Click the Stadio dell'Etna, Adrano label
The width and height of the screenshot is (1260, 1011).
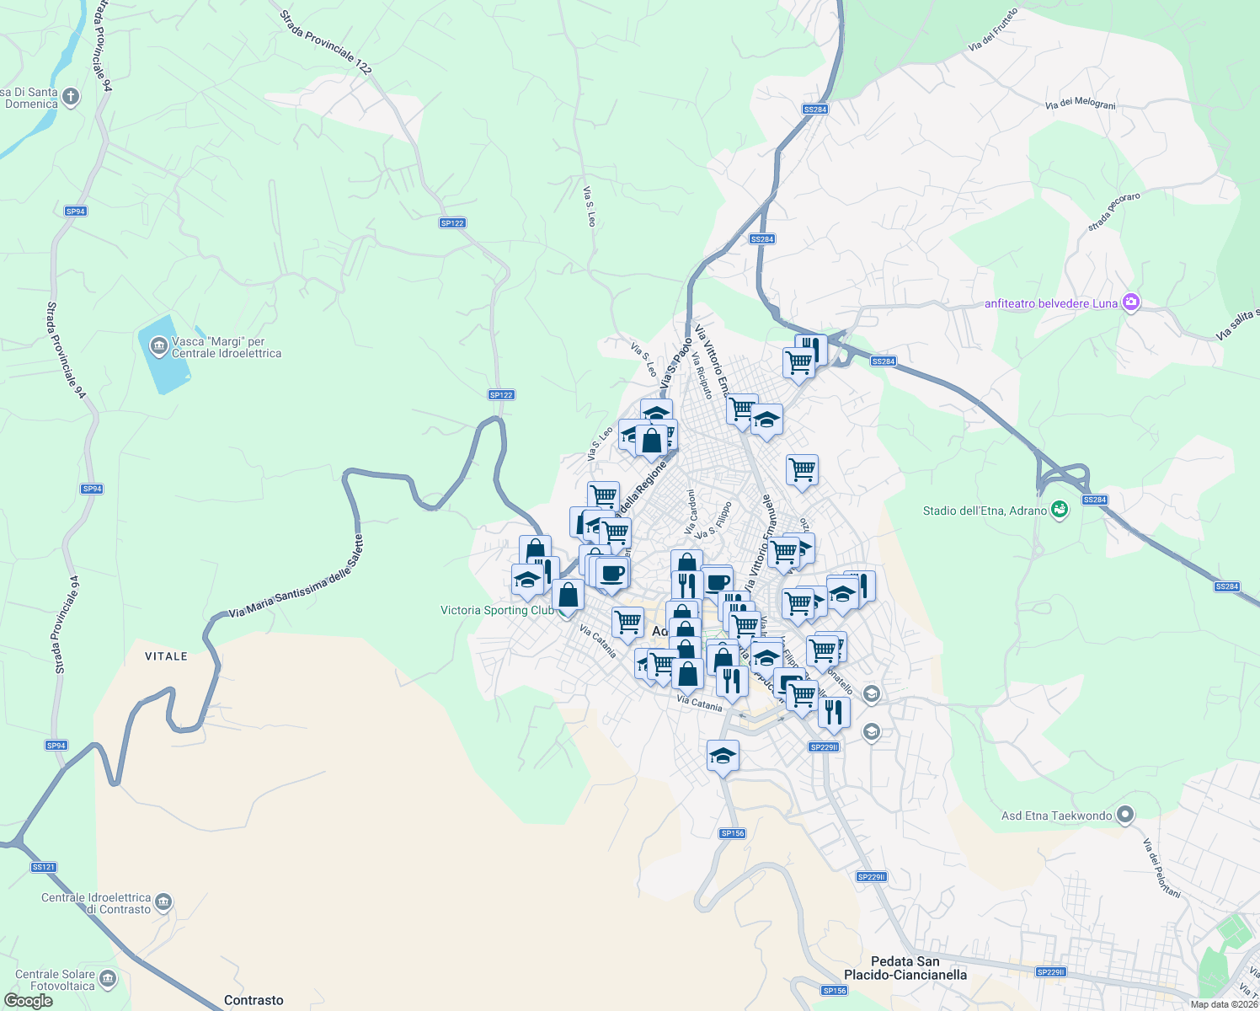(x=985, y=511)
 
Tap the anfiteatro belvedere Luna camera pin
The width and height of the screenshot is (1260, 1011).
(x=1131, y=302)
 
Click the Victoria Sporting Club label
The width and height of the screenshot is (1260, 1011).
(x=497, y=610)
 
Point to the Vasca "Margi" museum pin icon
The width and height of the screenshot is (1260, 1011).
(x=158, y=345)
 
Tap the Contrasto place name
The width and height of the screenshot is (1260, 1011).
(x=254, y=1000)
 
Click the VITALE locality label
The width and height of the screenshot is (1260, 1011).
(x=166, y=656)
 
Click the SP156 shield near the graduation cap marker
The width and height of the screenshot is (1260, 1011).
(x=732, y=833)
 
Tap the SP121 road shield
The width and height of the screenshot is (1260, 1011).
(x=43, y=867)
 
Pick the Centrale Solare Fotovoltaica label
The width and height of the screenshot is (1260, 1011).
(x=56, y=980)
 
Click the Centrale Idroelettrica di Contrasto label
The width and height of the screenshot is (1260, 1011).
(x=96, y=903)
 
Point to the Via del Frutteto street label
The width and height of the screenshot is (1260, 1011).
(x=993, y=30)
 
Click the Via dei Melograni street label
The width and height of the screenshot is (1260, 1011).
(x=1080, y=104)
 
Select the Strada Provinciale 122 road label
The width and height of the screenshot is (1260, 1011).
(x=325, y=42)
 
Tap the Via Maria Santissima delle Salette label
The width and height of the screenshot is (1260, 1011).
(x=296, y=577)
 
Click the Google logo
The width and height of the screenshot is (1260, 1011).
(x=28, y=1001)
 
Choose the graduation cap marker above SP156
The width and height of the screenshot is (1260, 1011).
(x=723, y=756)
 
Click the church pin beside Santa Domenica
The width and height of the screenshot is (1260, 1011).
(x=71, y=97)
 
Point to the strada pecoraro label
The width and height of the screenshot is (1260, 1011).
(x=1113, y=211)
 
